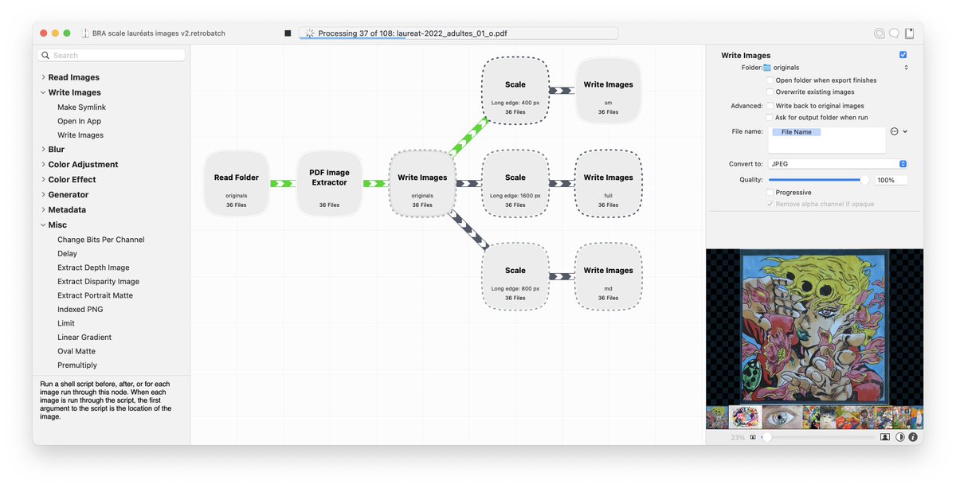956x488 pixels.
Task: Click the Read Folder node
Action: [x=237, y=183]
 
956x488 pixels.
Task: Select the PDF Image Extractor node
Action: [x=329, y=183]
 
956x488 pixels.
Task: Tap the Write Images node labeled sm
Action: [x=608, y=91]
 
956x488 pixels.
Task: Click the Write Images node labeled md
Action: [x=608, y=276]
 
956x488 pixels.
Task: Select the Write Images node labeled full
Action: [x=608, y=183]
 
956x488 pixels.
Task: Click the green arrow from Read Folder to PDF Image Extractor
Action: [x=283, y=183]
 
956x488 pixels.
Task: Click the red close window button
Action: [x=44, y=33]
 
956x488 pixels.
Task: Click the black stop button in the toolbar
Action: [x=288, y=33]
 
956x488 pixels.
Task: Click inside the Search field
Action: [x=112, y=56]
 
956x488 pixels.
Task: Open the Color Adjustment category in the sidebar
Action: [x=83, y=164]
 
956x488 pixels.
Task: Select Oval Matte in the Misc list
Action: [x=76, y=351]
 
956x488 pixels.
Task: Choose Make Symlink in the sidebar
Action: [x=81, y=107]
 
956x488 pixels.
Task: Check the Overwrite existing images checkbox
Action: [x=770, y=92]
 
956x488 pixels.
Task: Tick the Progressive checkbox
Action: [x=770, y=193]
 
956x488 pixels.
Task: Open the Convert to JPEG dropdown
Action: [x=837, y=164]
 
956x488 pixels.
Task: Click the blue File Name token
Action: [x=797, y=132]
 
